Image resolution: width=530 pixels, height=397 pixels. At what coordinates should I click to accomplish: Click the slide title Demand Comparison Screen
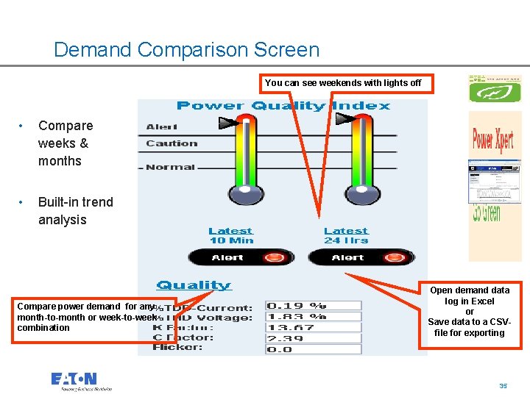click(186, 50)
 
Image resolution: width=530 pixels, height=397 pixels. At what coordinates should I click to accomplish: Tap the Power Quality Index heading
click(283, 106)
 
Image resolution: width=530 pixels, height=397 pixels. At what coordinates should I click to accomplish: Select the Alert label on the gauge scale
click(162, 127)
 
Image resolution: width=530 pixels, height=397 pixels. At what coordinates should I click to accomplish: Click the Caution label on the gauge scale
click(172, 143)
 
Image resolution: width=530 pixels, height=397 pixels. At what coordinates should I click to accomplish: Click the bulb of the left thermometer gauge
click(246, 193)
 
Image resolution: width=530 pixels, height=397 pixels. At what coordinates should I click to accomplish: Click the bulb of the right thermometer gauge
click(362, 193)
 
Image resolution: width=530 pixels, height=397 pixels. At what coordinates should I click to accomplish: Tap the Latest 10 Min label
click(230, 235)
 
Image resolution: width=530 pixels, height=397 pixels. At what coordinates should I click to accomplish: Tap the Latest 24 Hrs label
click(346, 235)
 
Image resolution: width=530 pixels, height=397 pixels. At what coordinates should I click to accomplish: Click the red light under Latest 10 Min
click(274, 257)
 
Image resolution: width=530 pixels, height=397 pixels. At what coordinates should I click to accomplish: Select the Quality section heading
click(194, 285)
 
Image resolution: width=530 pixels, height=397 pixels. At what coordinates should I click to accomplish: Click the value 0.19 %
click(297, 305)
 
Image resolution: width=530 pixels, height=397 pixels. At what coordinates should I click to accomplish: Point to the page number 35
click(503, 386)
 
